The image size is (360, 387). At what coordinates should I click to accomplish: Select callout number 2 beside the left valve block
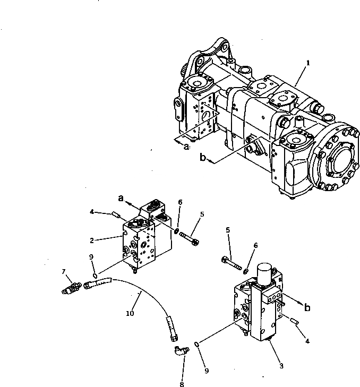click(x=92, y=240)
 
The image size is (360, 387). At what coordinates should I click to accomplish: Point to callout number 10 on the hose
click(x=130, y=314)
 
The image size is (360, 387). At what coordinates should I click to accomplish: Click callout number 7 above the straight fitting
click(x=65, y=272)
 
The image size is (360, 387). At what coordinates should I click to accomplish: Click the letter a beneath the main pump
click(x=186, y=147)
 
